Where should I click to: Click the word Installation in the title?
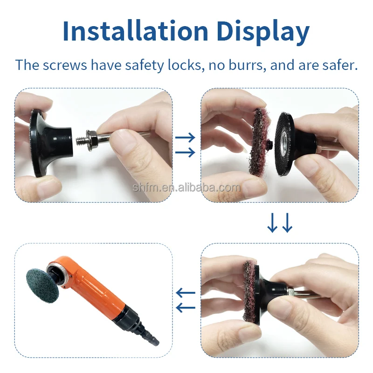[x=136, y=31]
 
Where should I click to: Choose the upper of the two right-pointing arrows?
[x=185, y=138]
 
